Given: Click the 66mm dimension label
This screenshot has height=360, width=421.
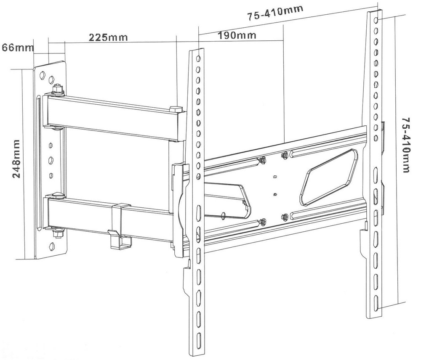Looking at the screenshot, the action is coord(18,48).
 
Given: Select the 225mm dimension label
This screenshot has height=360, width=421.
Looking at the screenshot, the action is coord(108,37).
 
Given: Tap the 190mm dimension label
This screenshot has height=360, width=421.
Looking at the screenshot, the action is coord(237,35).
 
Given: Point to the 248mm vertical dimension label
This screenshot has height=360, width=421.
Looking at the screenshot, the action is coord(16,159).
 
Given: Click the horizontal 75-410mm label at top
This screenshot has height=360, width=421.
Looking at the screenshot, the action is coord(275,13).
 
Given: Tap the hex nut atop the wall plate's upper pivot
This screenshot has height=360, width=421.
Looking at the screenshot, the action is coord(57,88).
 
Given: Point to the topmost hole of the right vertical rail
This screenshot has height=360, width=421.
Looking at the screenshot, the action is coord(376,20).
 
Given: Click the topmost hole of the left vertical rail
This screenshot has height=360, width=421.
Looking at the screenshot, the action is coord(198,58).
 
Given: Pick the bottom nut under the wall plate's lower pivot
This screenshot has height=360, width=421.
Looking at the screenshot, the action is coord(57,234).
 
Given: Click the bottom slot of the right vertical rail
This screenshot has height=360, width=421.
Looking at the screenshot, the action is coord(376,302).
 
